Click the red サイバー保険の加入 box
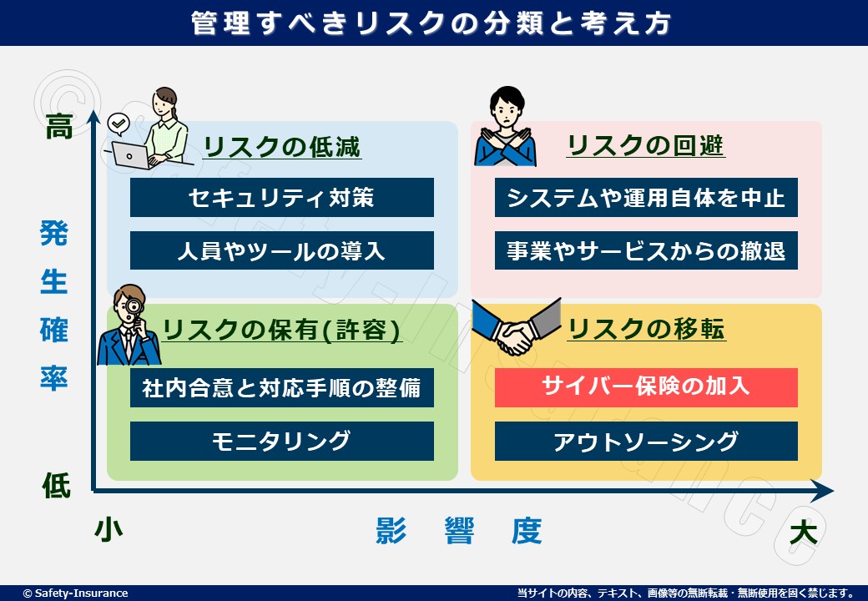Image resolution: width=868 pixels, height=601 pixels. click(x=646, y=387)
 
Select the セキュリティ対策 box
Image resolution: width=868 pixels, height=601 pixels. click(x=282, y=197)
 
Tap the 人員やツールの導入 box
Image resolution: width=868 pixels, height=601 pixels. click(x=282, y=250)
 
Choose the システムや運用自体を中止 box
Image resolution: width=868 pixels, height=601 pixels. click(x=646, y=197)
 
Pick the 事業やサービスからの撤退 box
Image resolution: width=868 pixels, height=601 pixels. click(x=646, y=250)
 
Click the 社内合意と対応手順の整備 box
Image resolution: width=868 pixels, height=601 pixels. click(x=282, y=387)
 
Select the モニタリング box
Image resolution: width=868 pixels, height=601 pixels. click(x=282, y=441)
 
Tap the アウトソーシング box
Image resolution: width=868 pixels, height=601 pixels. click(x=646, y=441)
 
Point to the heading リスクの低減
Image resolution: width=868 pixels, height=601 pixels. click(x=282, y=147)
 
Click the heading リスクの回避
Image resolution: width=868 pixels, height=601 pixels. click(x=645, y=145)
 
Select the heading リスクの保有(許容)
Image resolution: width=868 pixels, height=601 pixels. click(x=282, y=331)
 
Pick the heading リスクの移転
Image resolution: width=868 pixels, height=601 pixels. click(x=647, y=329)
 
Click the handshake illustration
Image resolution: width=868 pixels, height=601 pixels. click(x=516, y=327)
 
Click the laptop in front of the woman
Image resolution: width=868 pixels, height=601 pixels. click(x=131, y=155)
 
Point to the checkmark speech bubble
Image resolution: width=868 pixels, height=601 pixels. click(x=119, y=124)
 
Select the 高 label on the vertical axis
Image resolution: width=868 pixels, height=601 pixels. click(x=59, y=126)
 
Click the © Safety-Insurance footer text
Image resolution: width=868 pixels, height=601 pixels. click(x=75, y=593)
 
